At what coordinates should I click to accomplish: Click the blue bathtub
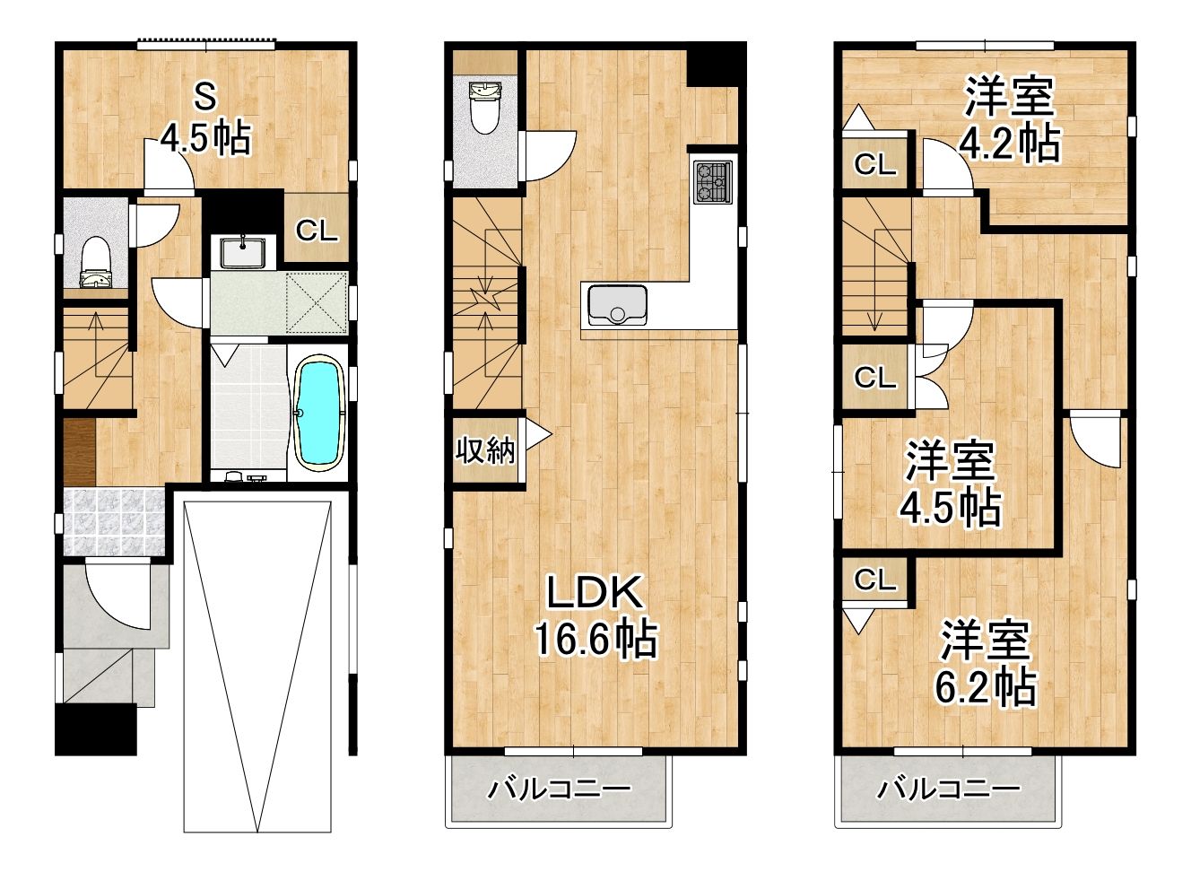pos(318,414)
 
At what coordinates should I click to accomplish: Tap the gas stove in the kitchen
pos(712,182)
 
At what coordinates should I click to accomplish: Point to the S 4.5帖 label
pos(205,119)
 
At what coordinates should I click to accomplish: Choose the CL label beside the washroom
pos(317,231)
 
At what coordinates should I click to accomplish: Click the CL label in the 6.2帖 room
pos(874,580)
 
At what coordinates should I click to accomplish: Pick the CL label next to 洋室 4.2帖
pos(874,164)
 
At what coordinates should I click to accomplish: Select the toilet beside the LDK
pos(483,108)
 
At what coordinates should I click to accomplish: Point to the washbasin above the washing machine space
pos(243,251)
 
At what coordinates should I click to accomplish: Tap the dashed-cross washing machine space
pos(317,302)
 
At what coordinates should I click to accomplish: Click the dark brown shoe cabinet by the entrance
pos(79,452)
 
